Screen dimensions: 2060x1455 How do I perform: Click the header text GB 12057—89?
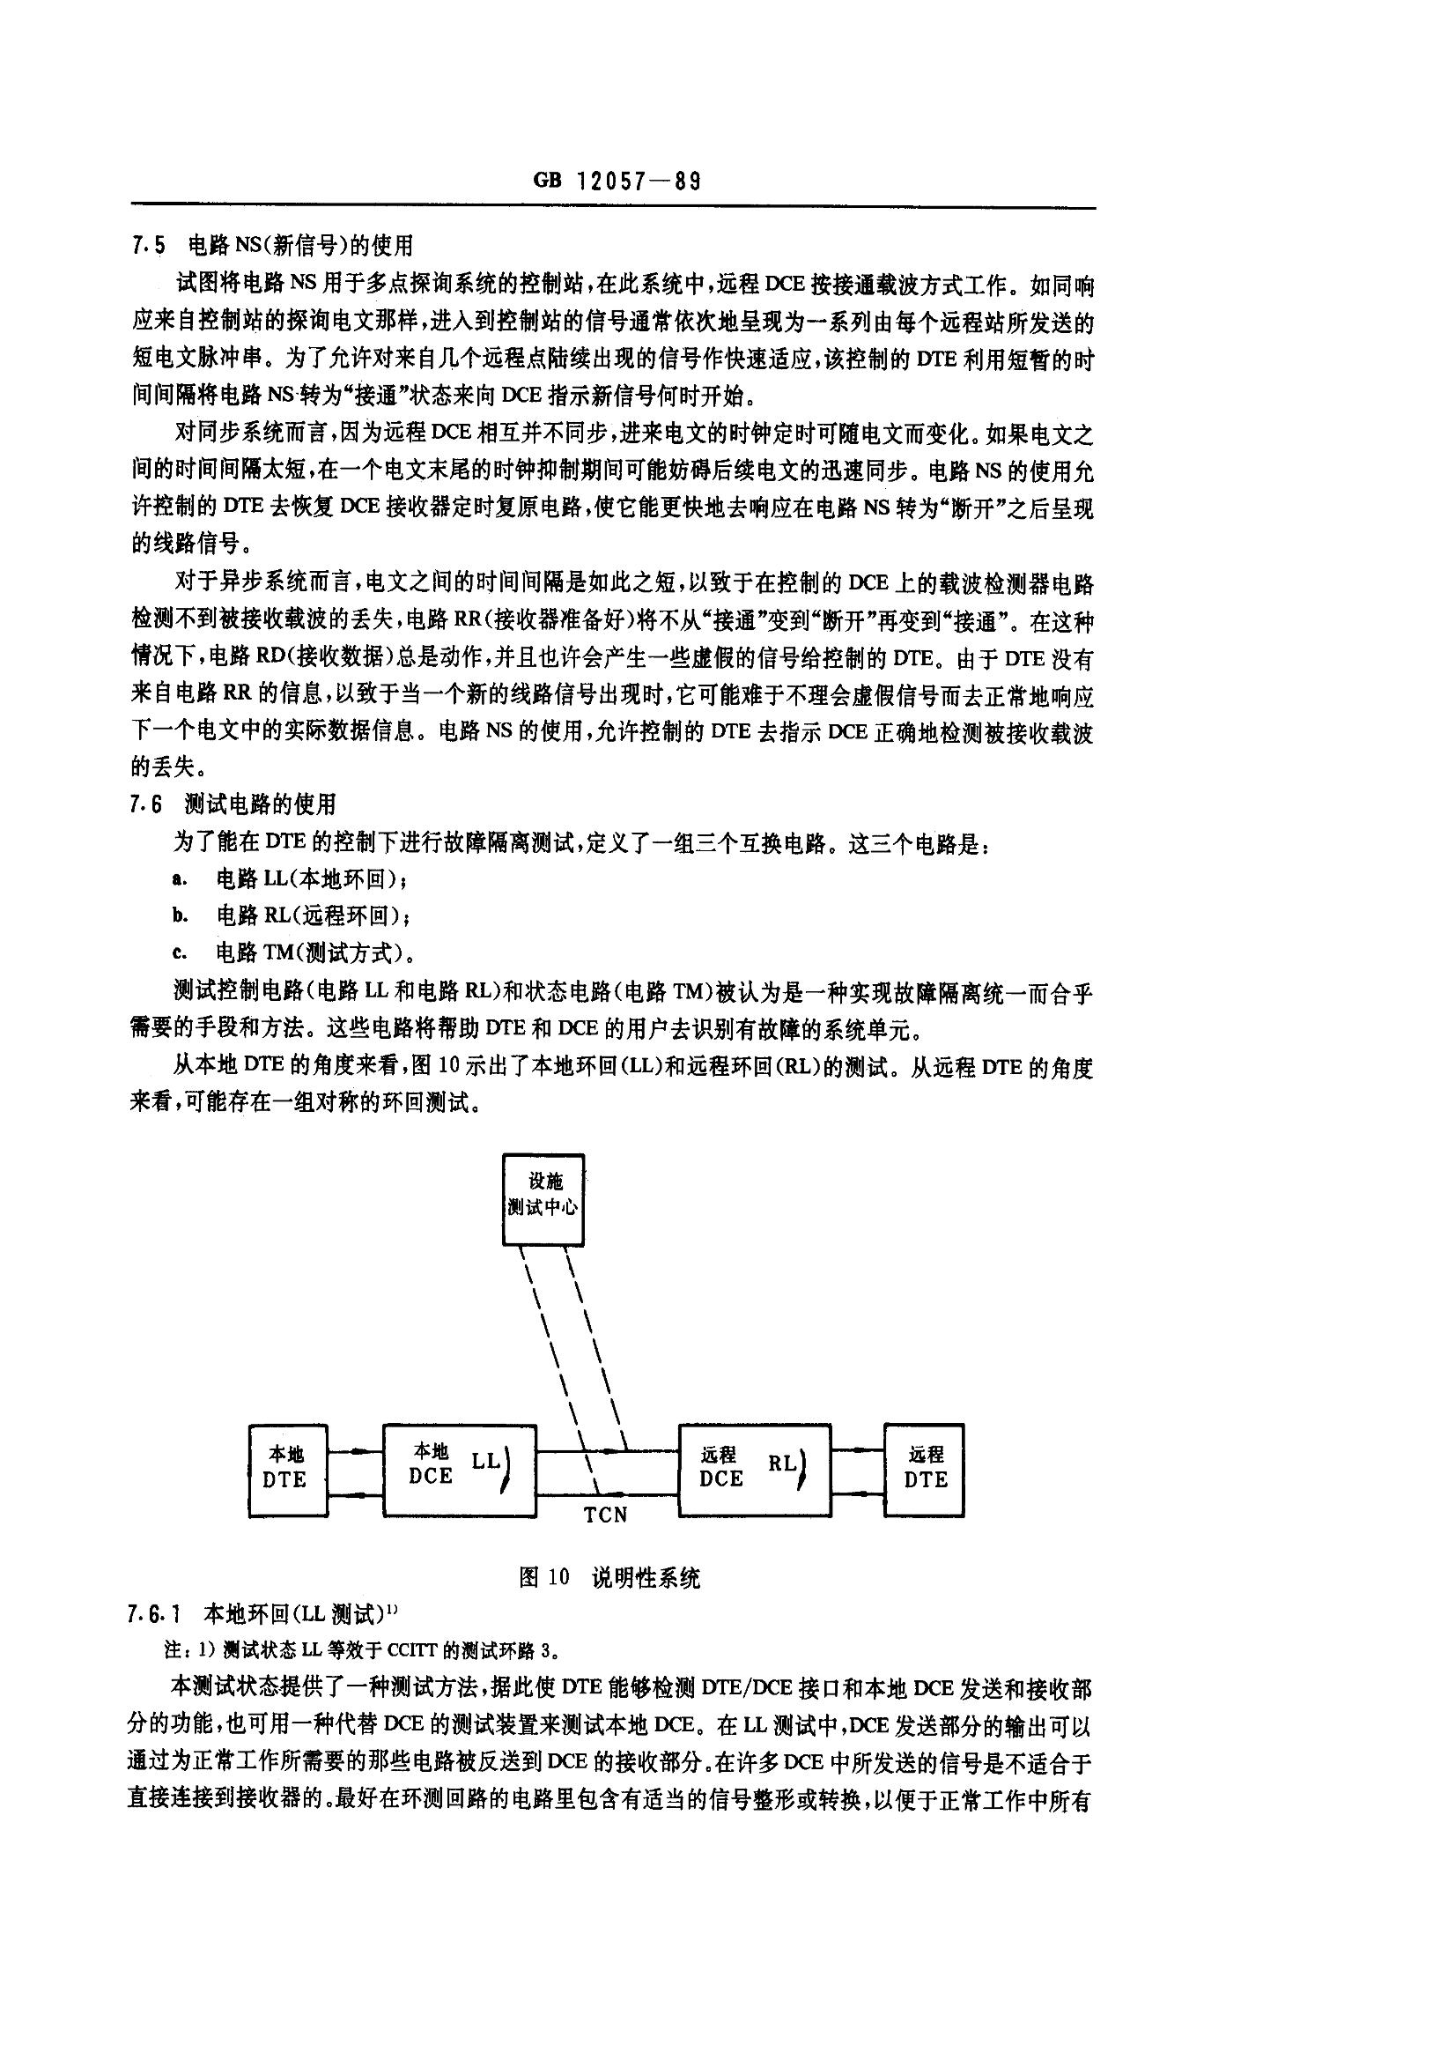coord(617,181)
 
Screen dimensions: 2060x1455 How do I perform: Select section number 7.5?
coord(148,244)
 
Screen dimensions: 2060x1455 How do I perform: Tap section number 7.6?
coord(146,804)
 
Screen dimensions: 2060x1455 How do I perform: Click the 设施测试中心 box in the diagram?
coord(543,1198)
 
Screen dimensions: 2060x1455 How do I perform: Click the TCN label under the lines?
coord(605,1515)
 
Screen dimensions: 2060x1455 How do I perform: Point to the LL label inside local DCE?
coord(485,1461)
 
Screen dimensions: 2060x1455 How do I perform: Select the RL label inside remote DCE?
coord(781,1463)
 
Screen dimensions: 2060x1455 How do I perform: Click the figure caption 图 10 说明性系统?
coord(609,1577)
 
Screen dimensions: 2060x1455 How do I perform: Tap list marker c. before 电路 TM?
coord(180,952)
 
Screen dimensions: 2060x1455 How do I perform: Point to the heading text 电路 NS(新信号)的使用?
coord(301,244)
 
